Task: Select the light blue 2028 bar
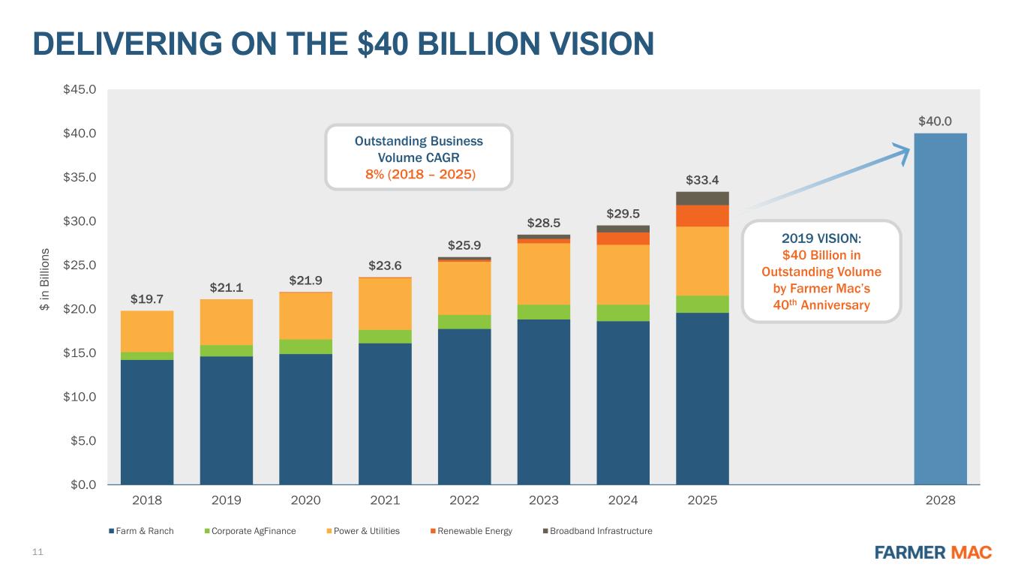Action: tap(940, 307)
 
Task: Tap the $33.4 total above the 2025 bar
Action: tap(702, 180)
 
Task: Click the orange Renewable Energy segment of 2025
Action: tap(702, 216)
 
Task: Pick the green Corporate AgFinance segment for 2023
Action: tap(544, 312)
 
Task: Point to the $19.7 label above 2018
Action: tap(147, 299)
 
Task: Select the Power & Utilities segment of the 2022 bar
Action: tap(464, 288)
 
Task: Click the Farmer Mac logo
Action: tap(933, 552)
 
